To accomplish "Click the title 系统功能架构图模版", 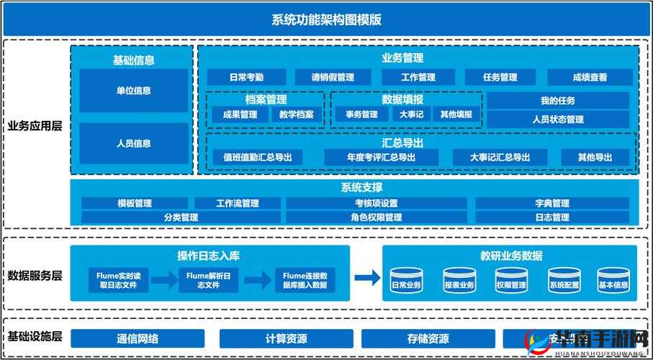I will (326, 19).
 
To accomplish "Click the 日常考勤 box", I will (246, 77).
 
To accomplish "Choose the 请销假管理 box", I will (333, 77).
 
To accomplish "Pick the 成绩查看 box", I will (590, 77).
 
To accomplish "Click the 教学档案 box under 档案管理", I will (297, 114).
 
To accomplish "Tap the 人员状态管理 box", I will (558, 120).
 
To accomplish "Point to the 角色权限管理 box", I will (377, 217).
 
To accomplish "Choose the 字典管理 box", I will (552, 204).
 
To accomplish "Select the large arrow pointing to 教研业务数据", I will (366, 277).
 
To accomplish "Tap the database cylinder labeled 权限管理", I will (511, 280).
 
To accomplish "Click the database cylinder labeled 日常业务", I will (406, 280).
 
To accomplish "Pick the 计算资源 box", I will (287, 338).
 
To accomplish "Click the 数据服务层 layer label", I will (35, 276).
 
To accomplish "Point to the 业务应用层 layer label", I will (35, 125).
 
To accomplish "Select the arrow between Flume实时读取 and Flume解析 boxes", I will (163, 280).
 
